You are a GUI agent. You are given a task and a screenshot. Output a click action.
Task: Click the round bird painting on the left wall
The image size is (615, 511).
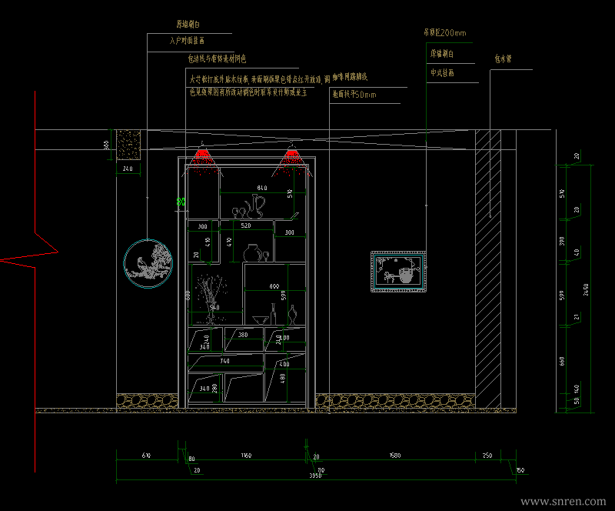point(148,263)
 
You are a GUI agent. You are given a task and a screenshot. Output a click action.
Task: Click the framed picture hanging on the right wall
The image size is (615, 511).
point(398,272)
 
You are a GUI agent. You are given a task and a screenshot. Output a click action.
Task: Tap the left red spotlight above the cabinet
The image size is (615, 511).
point(203,156)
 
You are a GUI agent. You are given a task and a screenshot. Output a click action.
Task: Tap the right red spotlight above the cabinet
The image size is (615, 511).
point(292,156)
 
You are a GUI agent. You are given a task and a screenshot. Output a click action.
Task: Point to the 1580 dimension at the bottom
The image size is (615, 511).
point(395,456)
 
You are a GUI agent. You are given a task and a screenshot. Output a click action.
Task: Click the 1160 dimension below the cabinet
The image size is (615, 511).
point(245,456)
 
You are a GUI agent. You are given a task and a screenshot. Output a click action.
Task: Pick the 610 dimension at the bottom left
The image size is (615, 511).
point(147,456)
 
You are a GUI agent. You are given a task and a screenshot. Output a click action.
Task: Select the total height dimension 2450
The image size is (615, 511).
point(585,288)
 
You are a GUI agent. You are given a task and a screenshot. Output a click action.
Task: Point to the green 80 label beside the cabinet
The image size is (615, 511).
point(181,202)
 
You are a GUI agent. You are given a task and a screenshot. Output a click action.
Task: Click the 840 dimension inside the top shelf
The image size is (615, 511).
point(262,188)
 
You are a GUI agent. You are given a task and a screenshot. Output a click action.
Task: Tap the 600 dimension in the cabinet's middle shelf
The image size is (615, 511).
point(274,286)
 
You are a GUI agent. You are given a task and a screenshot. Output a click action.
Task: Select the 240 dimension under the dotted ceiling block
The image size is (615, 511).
point(128,168)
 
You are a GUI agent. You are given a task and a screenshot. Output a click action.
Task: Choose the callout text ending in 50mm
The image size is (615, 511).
point(354,95)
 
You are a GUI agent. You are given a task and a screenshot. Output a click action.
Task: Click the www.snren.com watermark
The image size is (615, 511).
point(563,501)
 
